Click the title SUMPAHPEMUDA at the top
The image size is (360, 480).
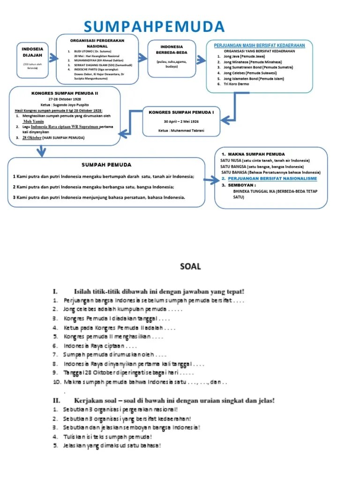pyautogui.click(x=155, y=27)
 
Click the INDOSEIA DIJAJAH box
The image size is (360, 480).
pyautogui.click(x=32, y=58)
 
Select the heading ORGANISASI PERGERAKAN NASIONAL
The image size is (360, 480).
pyautogui.click(x=97, y=43)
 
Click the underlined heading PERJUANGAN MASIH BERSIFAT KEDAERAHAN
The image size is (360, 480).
pyautogui.click(x=259, y=45)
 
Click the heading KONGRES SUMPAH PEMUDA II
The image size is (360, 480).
pyautogui.click(x=65, y=93)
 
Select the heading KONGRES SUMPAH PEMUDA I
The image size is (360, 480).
pyautogui.click(x=181, y=112)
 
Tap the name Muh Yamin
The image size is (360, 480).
pyautogui.click(x=33, y=121)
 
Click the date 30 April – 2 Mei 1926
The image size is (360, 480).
pyautogui.click(x=181, y=121)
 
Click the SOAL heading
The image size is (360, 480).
pyautogui.click(x=190, y=267)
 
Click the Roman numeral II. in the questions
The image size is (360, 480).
pyautogui.click(x=57, y=400)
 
